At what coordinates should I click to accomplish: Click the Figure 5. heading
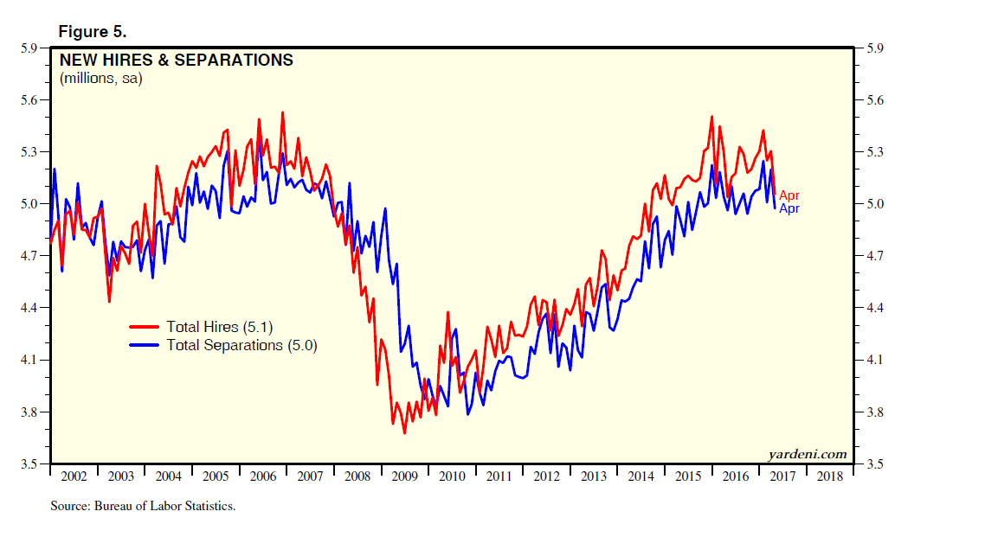click(x=93, y=32)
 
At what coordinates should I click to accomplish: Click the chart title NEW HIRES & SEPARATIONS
click(x=176, y=61)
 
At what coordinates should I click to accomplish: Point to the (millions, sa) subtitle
click(x=100, y=79)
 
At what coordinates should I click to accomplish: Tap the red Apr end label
click(x=789, y=196)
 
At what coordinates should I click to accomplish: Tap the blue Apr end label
click(x=789, y=208)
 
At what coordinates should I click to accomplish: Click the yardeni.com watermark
click(x=807, y=454)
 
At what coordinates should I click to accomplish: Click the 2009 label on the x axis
click(x=405, y=477)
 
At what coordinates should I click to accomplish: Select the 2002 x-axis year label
click(x=74, y=477)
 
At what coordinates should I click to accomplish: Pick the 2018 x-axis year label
click(x=830, y=477)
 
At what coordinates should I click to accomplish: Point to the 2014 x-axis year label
click(x=641, y=477)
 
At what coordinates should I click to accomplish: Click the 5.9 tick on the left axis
click(x=29, y=48)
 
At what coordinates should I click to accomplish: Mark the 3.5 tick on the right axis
click(x=870, y=464)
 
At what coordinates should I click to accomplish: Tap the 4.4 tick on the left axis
click(x=29, y=308)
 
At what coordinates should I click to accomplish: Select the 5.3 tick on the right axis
click(x=870, y=152)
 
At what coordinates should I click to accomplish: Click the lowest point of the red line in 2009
click(x=404, y=432)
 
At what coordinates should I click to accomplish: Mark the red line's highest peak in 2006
click(x=282, y=112)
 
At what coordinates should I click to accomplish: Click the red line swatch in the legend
click(x=145, y=327)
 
